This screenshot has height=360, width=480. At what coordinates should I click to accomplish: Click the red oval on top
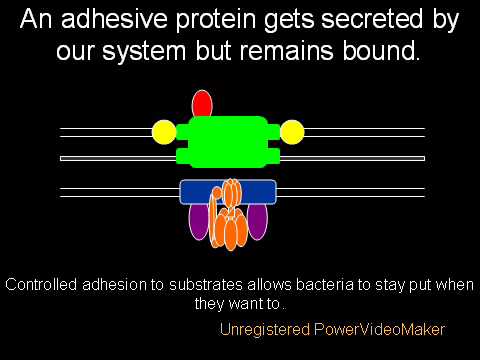202,104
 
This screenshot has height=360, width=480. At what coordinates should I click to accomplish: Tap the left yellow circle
164,132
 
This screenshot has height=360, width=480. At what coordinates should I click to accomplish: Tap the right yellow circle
292,132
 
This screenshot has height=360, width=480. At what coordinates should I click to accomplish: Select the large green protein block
228,142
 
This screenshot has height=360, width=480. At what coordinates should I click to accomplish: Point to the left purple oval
198,221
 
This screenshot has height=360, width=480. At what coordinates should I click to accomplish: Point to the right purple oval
257,221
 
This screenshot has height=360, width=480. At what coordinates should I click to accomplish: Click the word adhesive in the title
114,19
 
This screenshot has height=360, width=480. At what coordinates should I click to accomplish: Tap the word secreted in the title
373,19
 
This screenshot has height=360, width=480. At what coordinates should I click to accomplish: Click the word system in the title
144,52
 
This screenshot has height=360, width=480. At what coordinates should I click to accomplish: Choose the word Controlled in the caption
41,285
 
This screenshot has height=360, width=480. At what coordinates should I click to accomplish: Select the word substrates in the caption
206,285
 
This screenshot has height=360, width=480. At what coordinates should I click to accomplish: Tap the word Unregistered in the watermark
265,330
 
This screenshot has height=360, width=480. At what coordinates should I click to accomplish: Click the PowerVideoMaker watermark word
380,329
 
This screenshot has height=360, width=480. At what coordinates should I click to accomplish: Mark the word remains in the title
287,51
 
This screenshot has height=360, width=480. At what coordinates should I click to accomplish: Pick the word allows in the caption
269,285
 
